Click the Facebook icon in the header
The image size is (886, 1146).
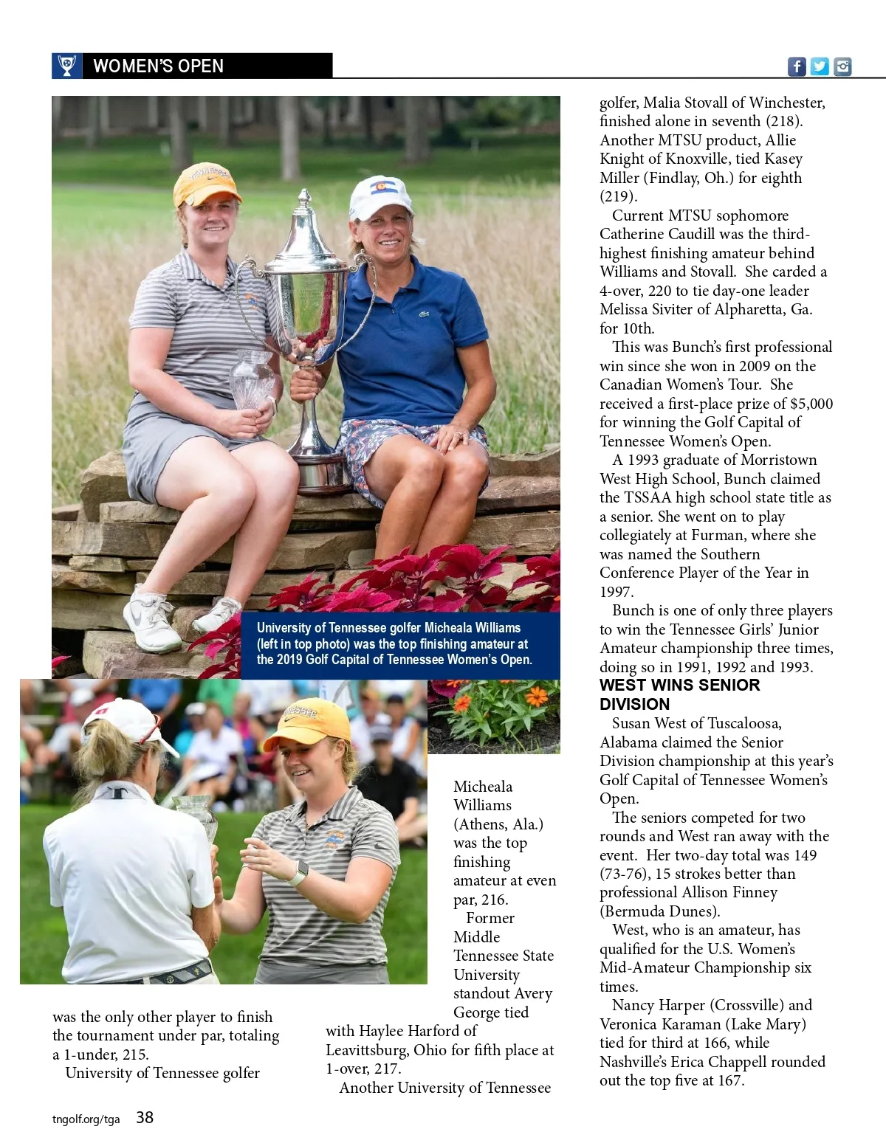tap(797, 66)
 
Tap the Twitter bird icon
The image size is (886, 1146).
tap(820, 66)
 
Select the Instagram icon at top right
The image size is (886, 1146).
tap(842, 66)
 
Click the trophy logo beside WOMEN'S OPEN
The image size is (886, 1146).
tap(66, 66)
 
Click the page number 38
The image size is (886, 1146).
tap(145, 1118)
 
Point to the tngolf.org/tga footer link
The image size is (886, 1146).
tap(86, 1119)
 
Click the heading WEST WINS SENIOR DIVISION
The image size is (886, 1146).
tap(679, 694)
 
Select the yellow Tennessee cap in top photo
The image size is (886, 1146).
tap(206, 184)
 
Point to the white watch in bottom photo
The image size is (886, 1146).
tap(298, 874)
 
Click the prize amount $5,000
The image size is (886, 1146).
tap(811, 404)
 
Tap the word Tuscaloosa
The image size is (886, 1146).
tap(738, 724)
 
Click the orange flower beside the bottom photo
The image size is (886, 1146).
tap(536, 697)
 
